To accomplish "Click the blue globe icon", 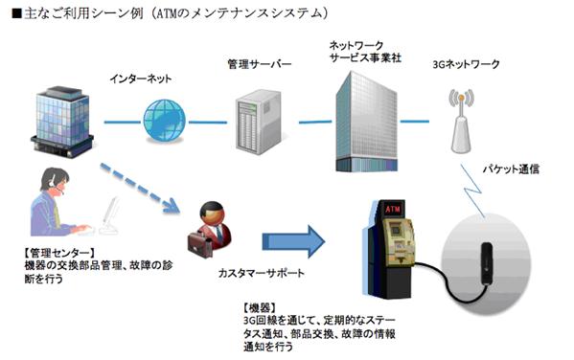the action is [x=165, y=120].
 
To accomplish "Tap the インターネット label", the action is [x=140, y=79].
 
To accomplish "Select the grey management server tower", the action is [x=259, y=122].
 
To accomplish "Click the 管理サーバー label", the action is [x=260, y=64].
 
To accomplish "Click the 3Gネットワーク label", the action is [x=466, y=64].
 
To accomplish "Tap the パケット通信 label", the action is [x=511, y=169].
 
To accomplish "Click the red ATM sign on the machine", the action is [x=393, y=210].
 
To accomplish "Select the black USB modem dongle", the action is [x=486, y=262].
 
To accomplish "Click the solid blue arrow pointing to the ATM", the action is [x=293, y=241].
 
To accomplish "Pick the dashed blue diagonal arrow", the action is [x=140, y=188].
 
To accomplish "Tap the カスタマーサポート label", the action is [x=261, y=273].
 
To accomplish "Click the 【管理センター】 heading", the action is [x=58, y=253].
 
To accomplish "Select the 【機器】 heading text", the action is [x=260, y=307].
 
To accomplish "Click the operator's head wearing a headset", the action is [x=55, y=180].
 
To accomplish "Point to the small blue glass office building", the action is [x=62, y=121].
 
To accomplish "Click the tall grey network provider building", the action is [x=366, y=122].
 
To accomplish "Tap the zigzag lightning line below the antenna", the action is [x=472, y=191].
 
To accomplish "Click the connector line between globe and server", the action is [x=208, y=122].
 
